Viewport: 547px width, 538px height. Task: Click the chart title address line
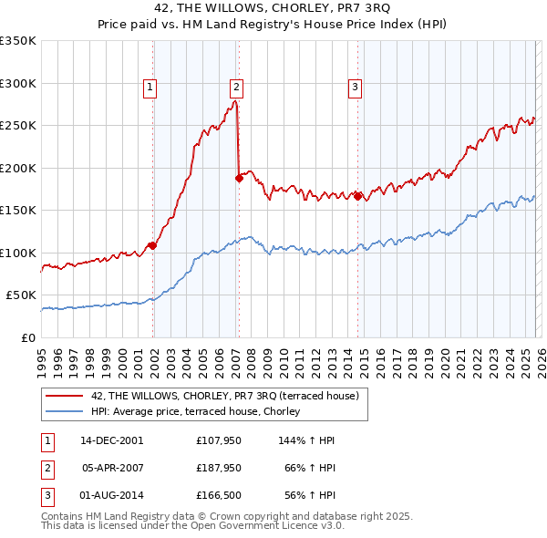(x=273, y=7)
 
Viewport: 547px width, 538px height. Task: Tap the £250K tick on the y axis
(x=18, y=126)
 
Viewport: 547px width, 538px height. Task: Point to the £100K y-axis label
(x=18, y=253)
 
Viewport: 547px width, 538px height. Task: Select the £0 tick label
(x=27, y=337)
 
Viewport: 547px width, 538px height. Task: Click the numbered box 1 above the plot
(x=150, y=88)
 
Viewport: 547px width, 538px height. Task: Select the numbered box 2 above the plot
(x=235, y=88)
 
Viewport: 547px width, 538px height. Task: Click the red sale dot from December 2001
(x=152, y=245)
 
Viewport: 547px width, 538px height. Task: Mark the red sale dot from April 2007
(x=239, y=179)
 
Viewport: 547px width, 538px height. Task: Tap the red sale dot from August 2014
(x=357, y=195)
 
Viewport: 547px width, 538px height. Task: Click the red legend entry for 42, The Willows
(x=226, y=396)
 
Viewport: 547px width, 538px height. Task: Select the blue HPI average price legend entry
(x=201, y=411)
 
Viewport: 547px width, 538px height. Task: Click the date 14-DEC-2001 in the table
(x=112, y=440)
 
